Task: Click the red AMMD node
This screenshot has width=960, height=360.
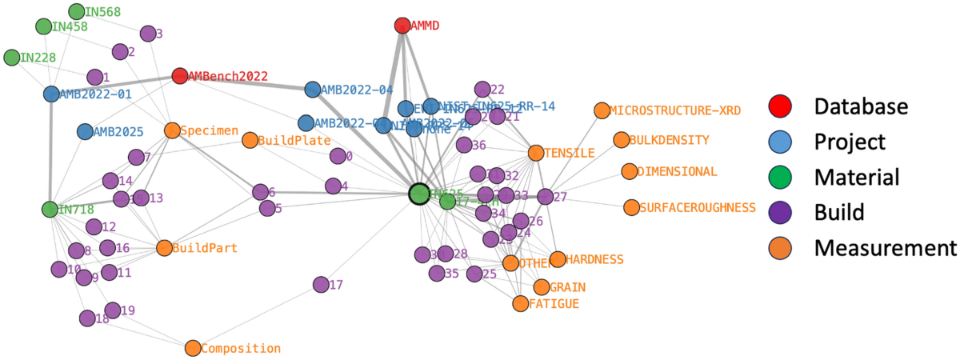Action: pyautogui.click(x=402, y=26)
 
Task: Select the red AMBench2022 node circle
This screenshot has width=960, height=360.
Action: pyautogui.click(x=180, y=76)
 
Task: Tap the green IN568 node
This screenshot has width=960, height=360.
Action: pyautogui.click(x=77, y=12)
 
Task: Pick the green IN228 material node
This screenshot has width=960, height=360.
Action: pyautogui.click(x=12, y=58)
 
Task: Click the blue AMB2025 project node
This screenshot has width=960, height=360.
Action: pyautogui.click(x=85, y=131)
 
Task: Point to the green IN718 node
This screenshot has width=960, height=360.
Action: pyautogui.click(x=50, y=209)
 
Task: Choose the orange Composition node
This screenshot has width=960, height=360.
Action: pyautogui.click(x=193, y=348)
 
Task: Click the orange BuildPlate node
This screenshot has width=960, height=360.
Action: pyautogui.click(x=249, y=141)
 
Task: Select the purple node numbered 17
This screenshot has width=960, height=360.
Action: pyautogui.click(x=321, y=284)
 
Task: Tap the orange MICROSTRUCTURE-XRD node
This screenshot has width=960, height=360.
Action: pyautogui.click(x=601, y=110)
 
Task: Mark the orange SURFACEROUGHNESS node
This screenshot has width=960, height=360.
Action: pyautogui.click(x=631, y=208)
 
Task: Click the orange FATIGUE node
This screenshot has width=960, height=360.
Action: pyautogui.click(x=521, y=303)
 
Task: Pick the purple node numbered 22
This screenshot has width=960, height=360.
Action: pyautogui.click(x=482, y=90)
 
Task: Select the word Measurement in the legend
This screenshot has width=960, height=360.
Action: pyautogui.click(x=886, y=247)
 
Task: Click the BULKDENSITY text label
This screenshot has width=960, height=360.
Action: pyautogui.click(x=669, y=140)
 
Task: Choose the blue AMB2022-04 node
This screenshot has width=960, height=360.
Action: pyautogui.click(x=313, y=90)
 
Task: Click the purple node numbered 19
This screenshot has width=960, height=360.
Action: pyautogui.click(x=113, y=310)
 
